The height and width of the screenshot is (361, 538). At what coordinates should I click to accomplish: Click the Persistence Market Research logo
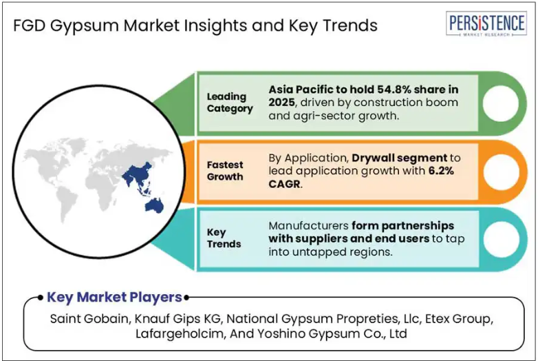click(x=486, y=23)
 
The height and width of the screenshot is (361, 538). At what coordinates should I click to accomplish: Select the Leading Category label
click(x=230, y=103)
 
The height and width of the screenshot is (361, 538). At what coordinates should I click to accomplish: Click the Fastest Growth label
click(x=225, y=171)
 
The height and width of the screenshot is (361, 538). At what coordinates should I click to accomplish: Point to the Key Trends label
click(x=224, y=238)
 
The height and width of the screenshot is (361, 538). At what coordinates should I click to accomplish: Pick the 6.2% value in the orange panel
click(x=441, y=171)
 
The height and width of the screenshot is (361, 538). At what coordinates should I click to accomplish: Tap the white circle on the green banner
click(x=501, y=103)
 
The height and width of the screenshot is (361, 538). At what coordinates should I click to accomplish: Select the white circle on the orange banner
click(x=502, y=172)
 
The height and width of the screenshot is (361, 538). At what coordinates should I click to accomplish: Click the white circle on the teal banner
click(x=502, y=240)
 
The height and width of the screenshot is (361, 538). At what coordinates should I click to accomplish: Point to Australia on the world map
click(x=154, y=205)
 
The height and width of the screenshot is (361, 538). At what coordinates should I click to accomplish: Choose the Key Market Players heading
click(x=114, y=298)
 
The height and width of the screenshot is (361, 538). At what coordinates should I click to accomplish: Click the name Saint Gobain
click(x=89, y=319)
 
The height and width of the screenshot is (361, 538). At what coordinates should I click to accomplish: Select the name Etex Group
click(x=458, y=319)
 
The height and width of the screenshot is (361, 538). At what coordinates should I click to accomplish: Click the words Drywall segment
click(x=400, y=158)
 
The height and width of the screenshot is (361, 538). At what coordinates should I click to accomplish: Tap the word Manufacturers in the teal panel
click(x=308, y=226)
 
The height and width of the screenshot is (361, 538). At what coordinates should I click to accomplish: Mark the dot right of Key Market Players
click(x=186, y=298)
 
